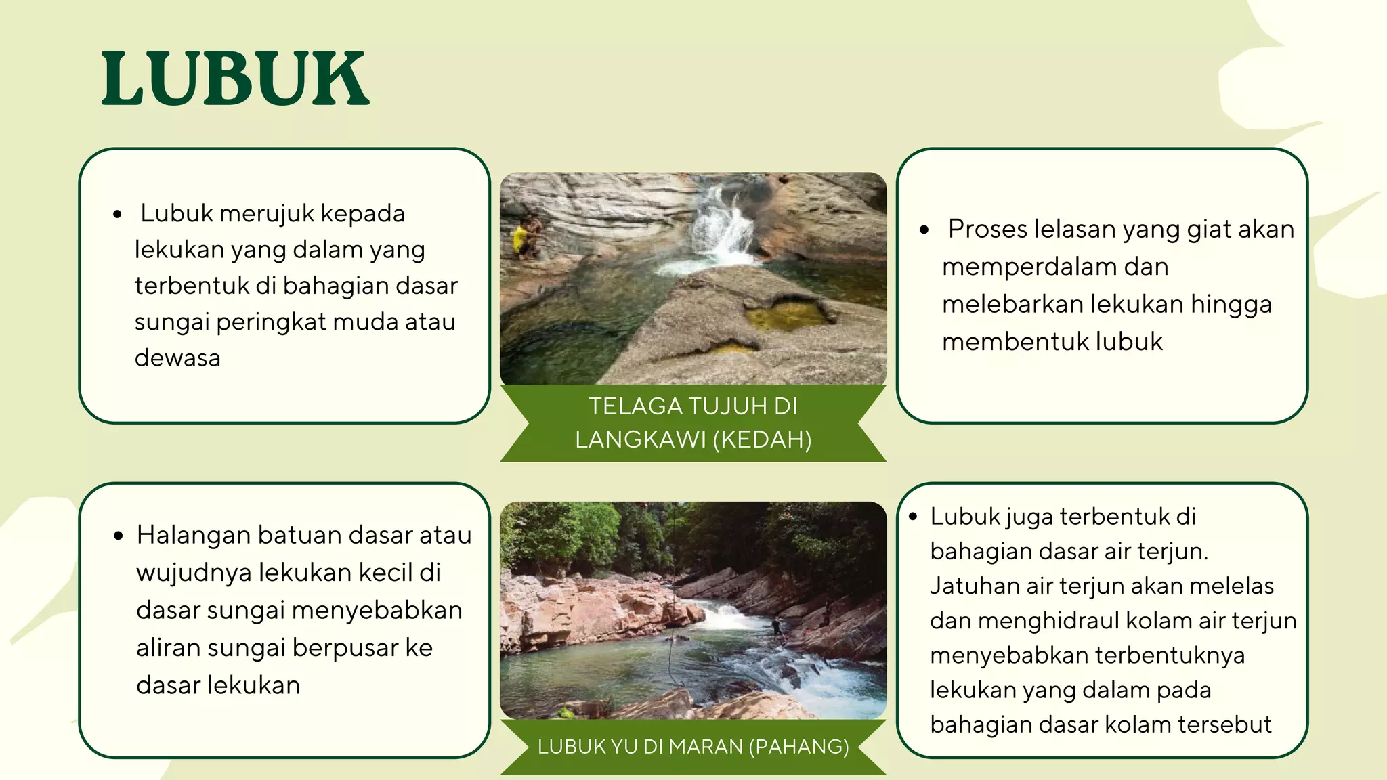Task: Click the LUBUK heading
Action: [x=236, y=79]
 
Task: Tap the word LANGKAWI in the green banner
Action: [x=640, y=440]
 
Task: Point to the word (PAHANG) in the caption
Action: [x=798, y=746]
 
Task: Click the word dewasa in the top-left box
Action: [x=177, y=357]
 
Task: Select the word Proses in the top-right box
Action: [x=987, y=230]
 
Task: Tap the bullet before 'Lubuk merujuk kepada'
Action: [x=118, y=215]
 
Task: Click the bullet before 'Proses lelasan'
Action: [x=924, y=230]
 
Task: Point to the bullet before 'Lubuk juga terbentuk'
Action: [x=913, y=517]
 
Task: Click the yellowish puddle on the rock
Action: [x=789, y=316]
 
